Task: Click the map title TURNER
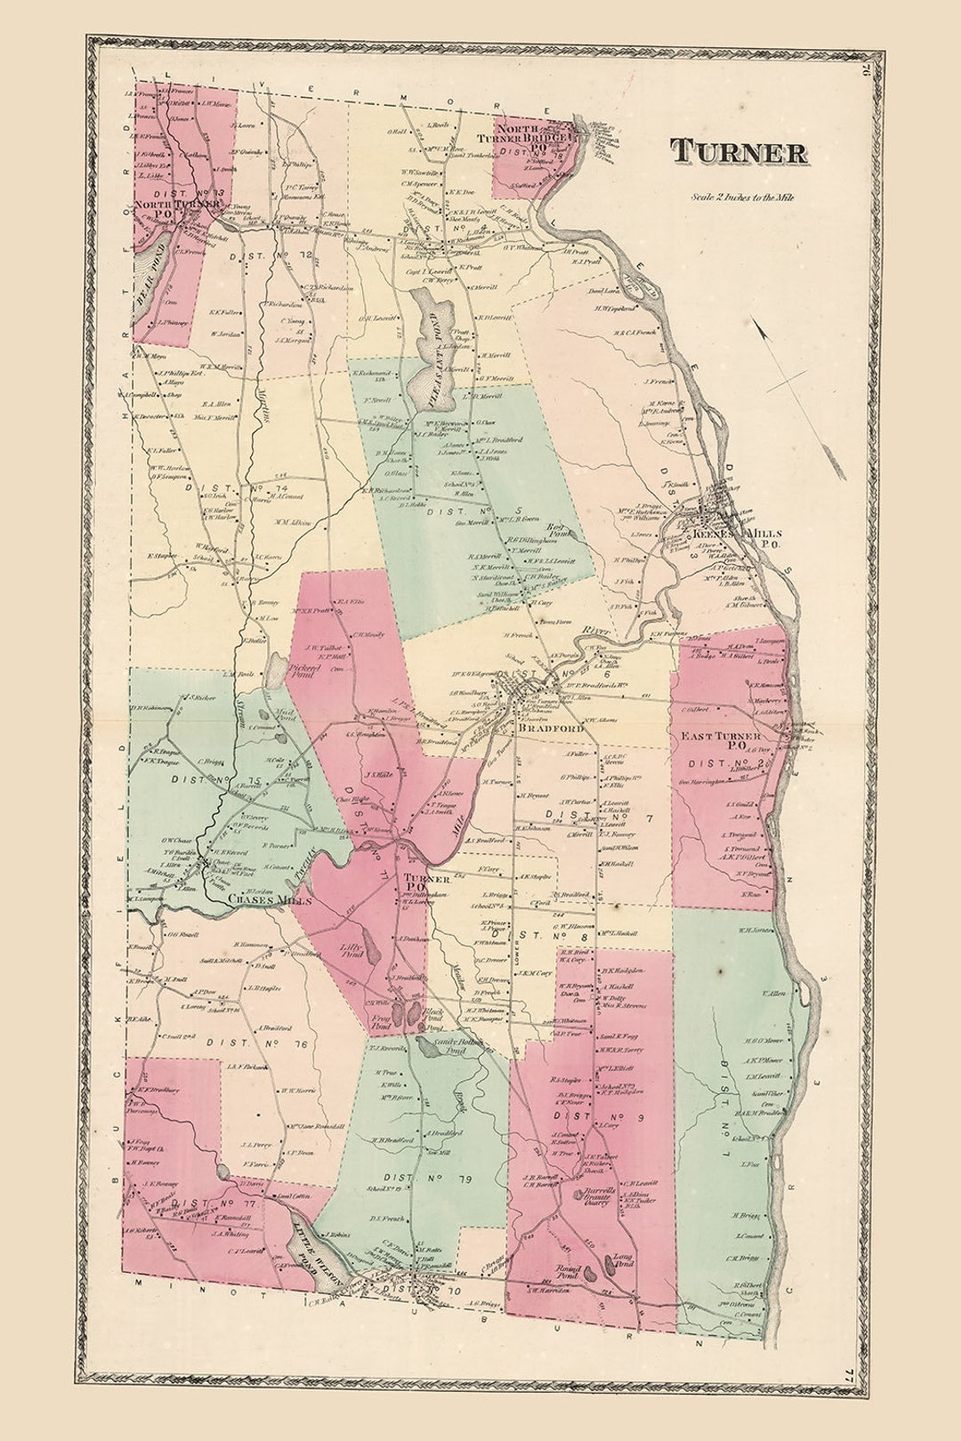739,152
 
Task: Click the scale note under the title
742,197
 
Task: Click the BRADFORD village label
551,729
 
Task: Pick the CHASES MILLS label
270,900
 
